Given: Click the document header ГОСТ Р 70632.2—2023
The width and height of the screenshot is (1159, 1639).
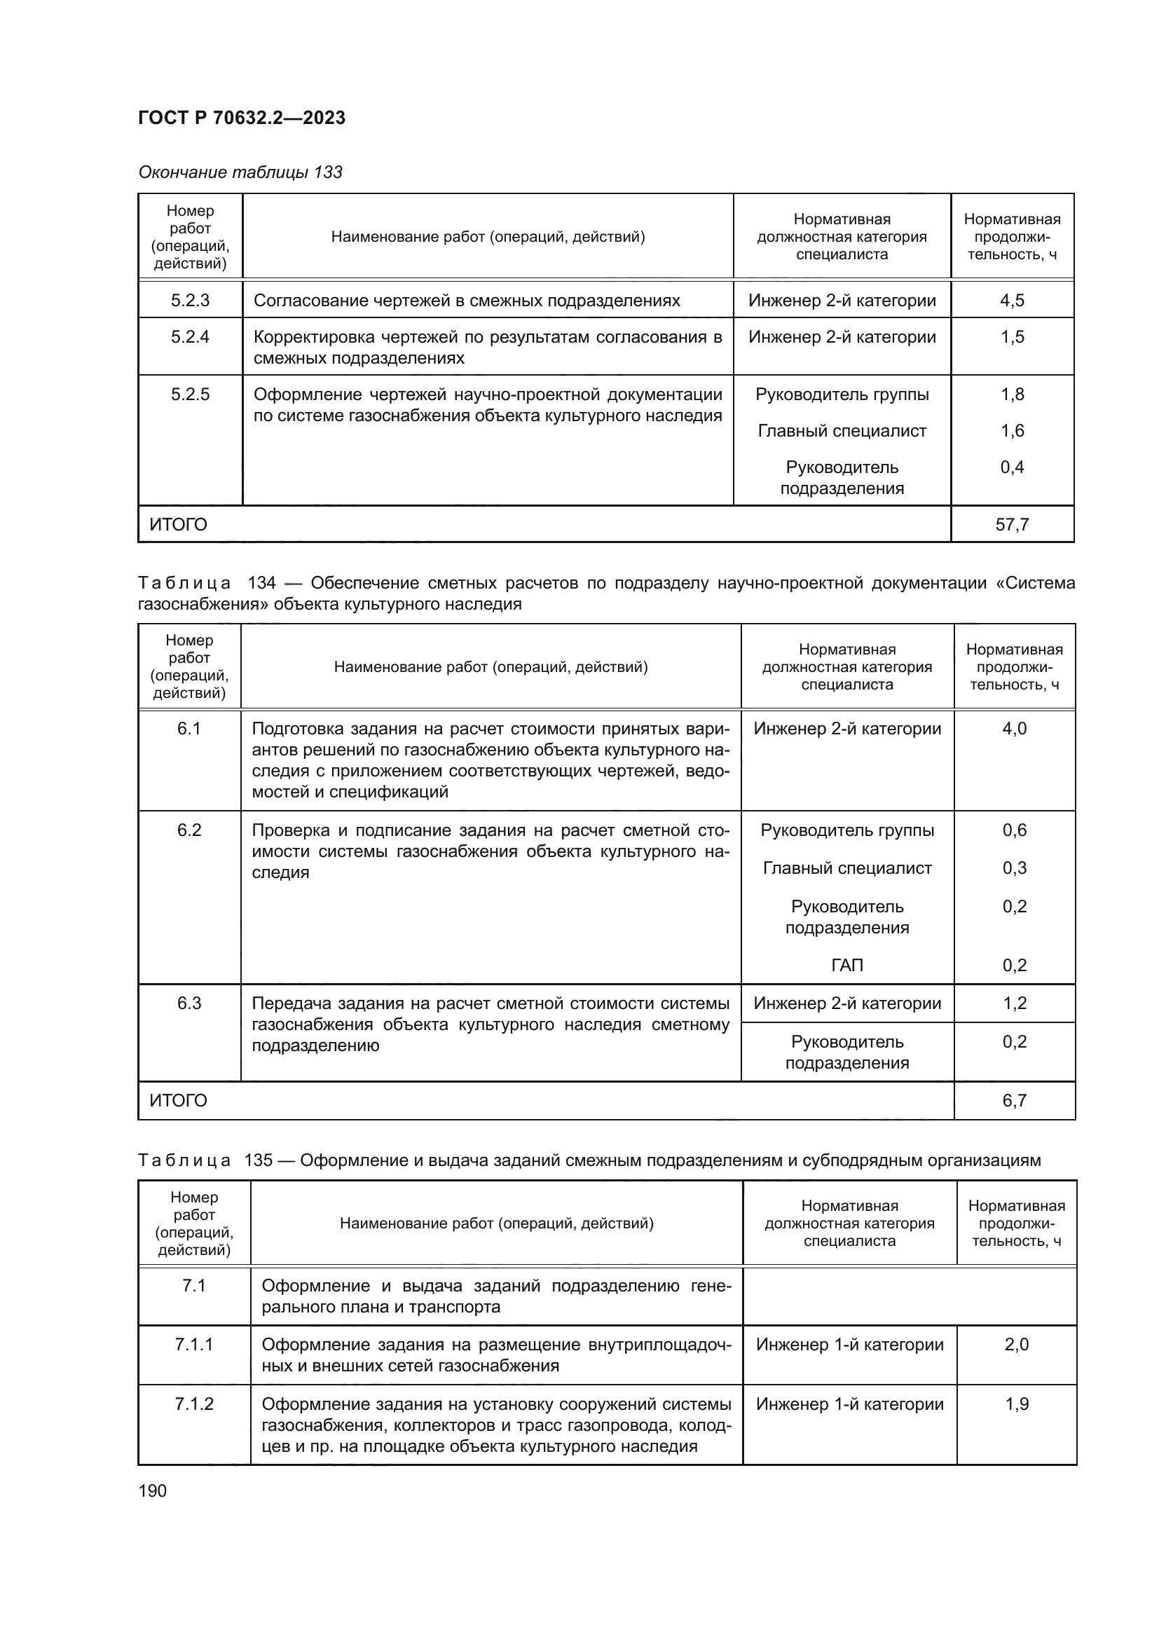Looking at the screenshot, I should click(241, 118).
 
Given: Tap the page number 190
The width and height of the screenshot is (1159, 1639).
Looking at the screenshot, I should click(152, 1490).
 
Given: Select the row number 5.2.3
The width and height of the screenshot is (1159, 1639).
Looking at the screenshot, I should click(190, 301).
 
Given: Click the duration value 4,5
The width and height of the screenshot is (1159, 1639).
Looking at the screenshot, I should click(1011, 301).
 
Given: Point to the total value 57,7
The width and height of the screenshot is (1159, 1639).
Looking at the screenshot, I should click(1011, 525).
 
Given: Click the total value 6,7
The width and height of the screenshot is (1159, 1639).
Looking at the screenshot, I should click(1013, 1100).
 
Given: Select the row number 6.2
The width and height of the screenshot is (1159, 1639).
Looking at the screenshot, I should click(189, 830).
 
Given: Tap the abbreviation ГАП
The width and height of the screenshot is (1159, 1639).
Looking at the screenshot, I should click(846, 965).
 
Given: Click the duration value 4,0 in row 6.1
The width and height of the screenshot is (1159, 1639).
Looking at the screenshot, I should click(1013, 729).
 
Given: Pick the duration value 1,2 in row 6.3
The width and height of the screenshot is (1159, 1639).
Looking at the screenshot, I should click(1013, 1003).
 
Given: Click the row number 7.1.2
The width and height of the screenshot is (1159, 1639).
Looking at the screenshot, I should click(194, 1404).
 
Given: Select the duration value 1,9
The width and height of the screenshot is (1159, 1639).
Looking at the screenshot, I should click(1016, 1404).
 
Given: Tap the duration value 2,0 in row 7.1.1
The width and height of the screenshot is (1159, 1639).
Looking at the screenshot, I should click(1016, 1345).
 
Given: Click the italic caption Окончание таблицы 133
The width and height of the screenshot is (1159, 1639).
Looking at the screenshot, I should click(240, 172).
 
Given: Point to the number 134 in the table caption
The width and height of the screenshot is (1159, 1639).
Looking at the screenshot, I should click(261, 583).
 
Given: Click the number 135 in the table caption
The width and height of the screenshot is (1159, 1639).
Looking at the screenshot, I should click(259, 1160).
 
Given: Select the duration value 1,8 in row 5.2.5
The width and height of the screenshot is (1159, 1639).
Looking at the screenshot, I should click(1011, 395).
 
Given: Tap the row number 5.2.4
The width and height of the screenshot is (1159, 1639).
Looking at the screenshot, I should click(190, 337).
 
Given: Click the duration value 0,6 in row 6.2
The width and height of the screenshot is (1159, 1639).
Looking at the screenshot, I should click(1013, 830).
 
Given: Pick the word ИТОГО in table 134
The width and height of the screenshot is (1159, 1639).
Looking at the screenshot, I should click(179, 1100).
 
